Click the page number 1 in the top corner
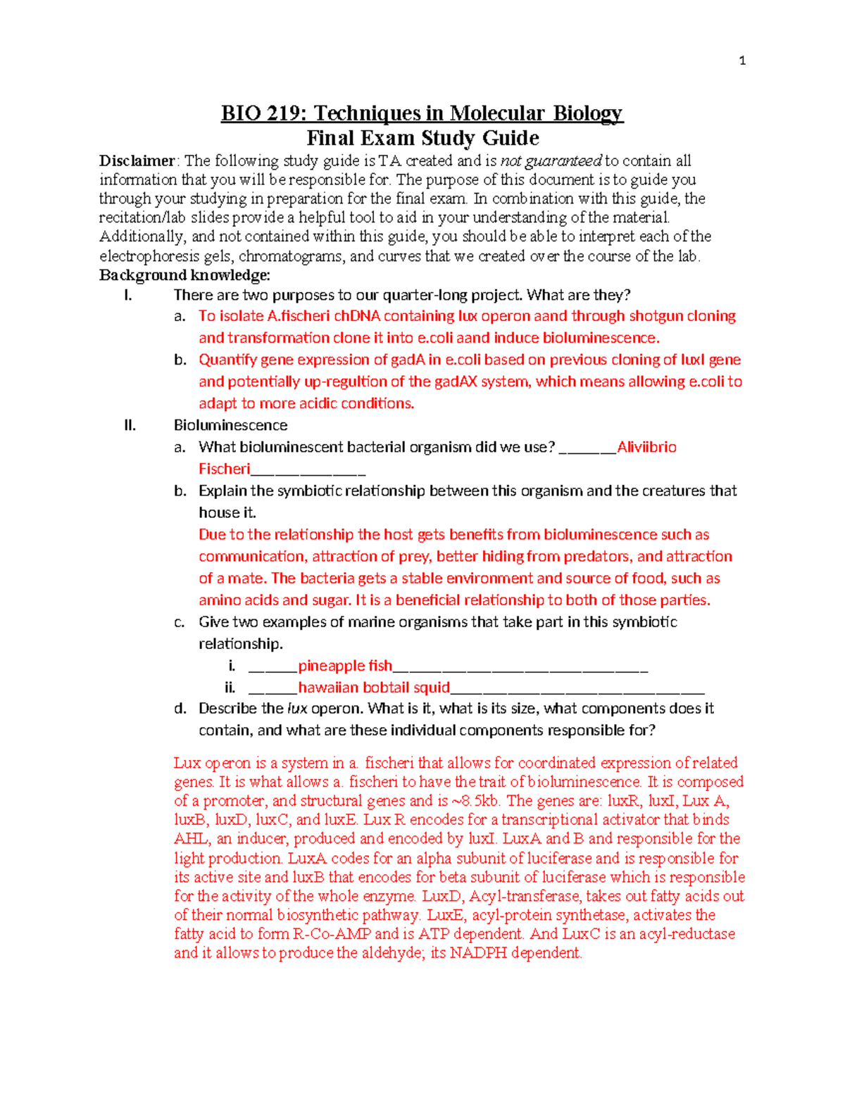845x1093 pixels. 742,61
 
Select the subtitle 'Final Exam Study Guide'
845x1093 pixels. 423,138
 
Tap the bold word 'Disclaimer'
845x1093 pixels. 137,161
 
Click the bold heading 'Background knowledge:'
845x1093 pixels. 184,275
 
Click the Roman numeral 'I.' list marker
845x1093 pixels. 127,295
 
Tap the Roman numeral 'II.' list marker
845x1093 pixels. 130,425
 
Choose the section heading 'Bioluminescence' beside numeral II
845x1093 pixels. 230,425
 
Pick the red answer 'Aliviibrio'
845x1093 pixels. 646,447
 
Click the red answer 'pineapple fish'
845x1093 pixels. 345,666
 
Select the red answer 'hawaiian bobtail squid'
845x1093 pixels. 374,688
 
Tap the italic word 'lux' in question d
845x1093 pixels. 297,709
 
